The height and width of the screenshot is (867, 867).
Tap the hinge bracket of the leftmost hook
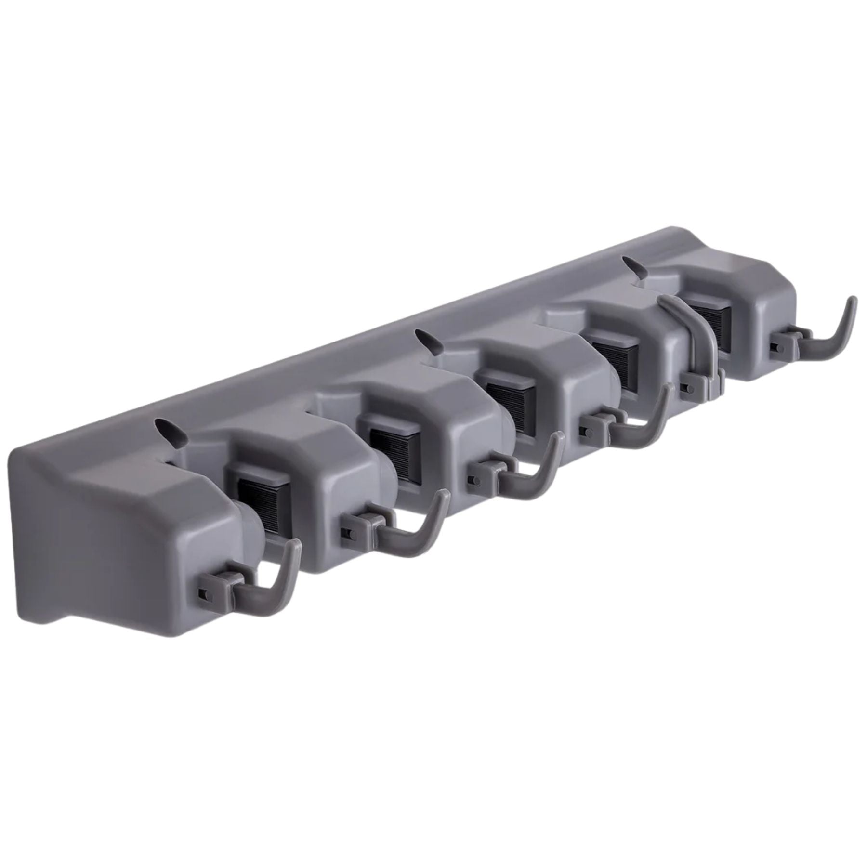[x=219, y=585]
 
